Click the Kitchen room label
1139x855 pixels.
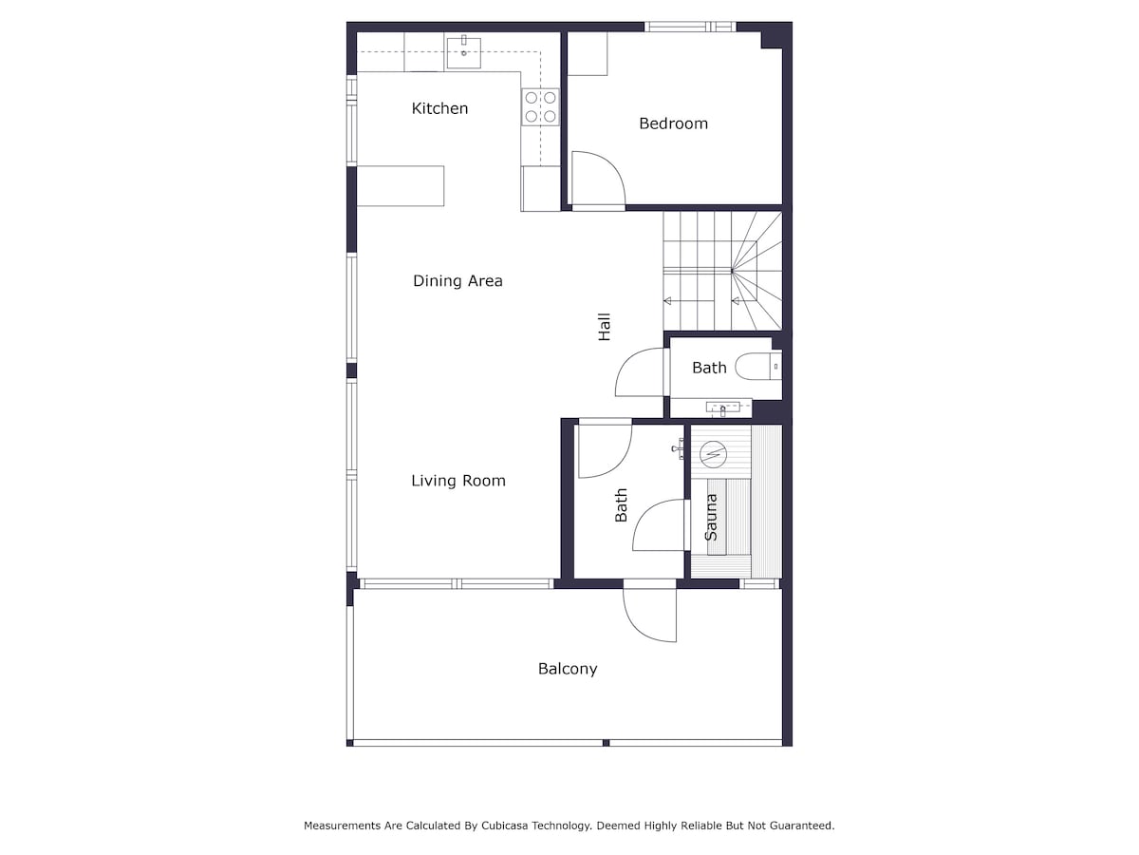coord(439,108)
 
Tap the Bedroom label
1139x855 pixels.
coord(673,123)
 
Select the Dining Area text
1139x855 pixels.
coord(457,281)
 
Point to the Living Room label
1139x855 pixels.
coord(458,481)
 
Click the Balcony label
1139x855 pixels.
coord(568,669)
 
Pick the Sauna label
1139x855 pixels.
coord(711,517)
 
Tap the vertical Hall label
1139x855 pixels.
coord(604,327)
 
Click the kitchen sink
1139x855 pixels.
coord(463,52)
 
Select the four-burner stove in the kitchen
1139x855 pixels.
coord(540,107)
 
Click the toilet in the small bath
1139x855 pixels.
coord(758,367)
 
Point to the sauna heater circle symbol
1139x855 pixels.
coord(713,455)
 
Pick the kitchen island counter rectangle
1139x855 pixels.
coord(401,186)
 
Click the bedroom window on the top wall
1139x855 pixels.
coord(690,27)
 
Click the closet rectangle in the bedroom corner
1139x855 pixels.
coord(588,53)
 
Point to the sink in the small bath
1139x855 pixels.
coord(723,408)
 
